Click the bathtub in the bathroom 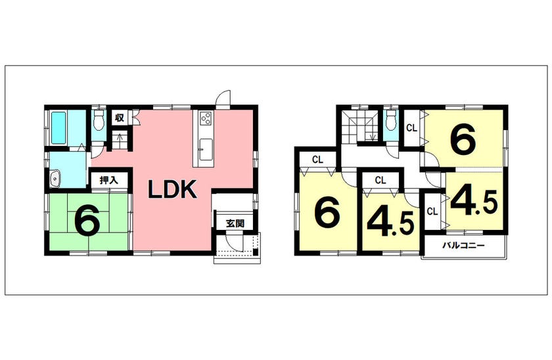58,127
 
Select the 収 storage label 120,118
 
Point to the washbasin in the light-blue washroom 55,179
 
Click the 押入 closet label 108,180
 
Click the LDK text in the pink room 172,189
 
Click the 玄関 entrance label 235,223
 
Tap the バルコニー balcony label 463,245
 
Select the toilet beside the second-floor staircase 391,120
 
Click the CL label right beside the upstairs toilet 411,128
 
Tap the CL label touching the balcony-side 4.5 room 432,212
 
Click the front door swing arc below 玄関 233,243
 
